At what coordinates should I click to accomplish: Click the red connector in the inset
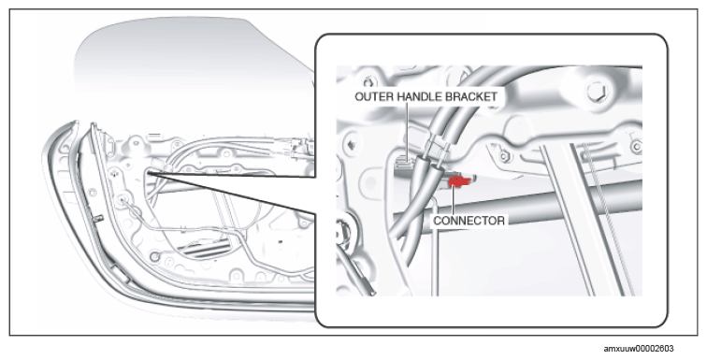[x=458, y=181]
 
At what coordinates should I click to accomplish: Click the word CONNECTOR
[x=469, y=221]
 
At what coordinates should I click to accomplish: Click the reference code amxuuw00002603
[x=639, y=348]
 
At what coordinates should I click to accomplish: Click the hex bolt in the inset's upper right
[x=598, y=92]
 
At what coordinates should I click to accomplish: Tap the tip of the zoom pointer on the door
[x=148, y=172]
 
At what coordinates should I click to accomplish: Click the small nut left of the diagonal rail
[x=505, y=156]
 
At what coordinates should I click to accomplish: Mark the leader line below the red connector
[x=454, y=201]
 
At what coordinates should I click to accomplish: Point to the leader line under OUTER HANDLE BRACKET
[x=407, y=130]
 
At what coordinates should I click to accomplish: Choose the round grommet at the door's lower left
[x=154, y=257]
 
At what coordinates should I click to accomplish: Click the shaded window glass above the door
[x=189, y=59]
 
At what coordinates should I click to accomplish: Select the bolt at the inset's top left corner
[x=370, y=82]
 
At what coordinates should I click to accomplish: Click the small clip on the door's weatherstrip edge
[x=98, y=218]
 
